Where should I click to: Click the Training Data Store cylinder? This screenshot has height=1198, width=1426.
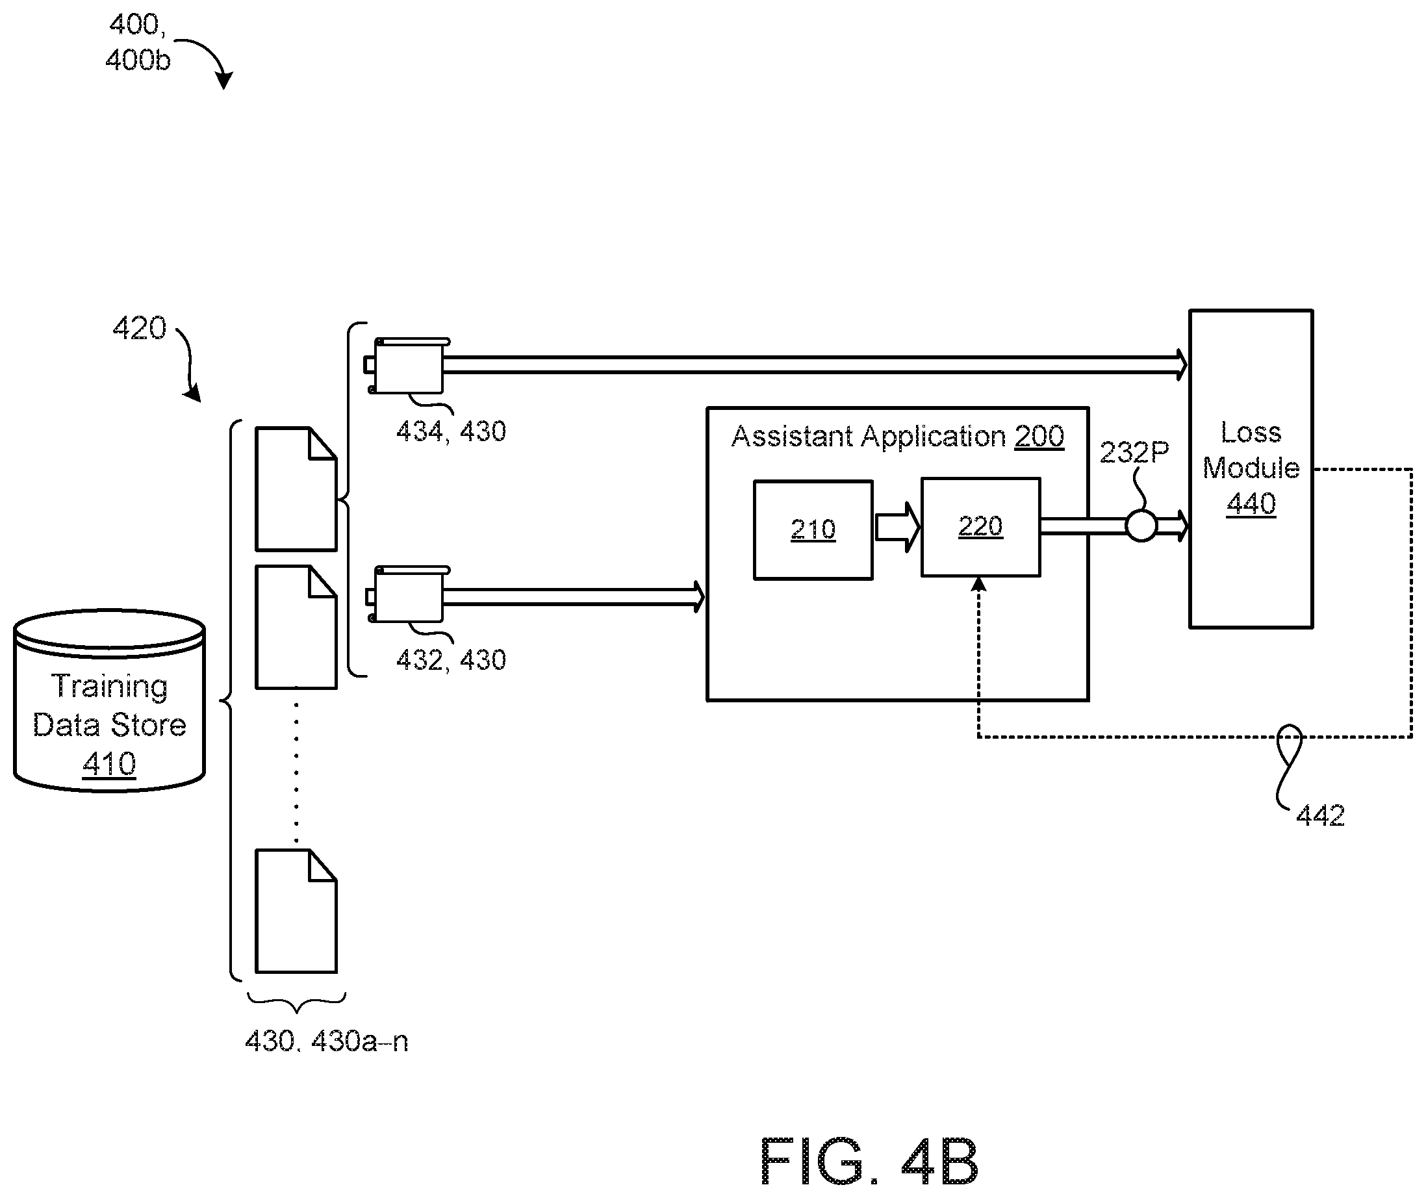(109, 700)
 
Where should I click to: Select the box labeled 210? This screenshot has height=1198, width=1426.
(813, 529)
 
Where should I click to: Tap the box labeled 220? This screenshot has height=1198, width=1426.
(980, 527)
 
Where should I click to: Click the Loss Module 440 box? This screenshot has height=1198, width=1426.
(1251, 468)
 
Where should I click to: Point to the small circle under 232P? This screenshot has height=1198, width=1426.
(1141, 526)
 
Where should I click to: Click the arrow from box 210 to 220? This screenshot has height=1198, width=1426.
(897, 527)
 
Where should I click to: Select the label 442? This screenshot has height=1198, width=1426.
(1320, 815)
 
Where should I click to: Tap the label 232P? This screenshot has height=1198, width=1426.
(1134, 452)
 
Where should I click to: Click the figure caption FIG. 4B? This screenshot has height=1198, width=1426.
(869, 1162)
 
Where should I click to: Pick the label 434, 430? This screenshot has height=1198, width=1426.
(451, 431)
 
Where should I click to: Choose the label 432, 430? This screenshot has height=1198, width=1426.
(451, 659)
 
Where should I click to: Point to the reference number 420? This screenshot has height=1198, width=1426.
(139, 328)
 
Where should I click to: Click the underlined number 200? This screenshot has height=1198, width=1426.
(1039, 436)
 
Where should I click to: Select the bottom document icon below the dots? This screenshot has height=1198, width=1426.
(296, 911)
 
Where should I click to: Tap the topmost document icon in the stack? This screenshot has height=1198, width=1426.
(296, 489)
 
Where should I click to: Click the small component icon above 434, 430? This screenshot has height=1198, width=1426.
(407, 365)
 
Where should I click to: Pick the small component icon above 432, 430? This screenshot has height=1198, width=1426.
(407, 594)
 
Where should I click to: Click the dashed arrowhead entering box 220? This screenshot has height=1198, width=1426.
(978, 584)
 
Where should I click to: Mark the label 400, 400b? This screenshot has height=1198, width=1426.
(138, 43)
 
